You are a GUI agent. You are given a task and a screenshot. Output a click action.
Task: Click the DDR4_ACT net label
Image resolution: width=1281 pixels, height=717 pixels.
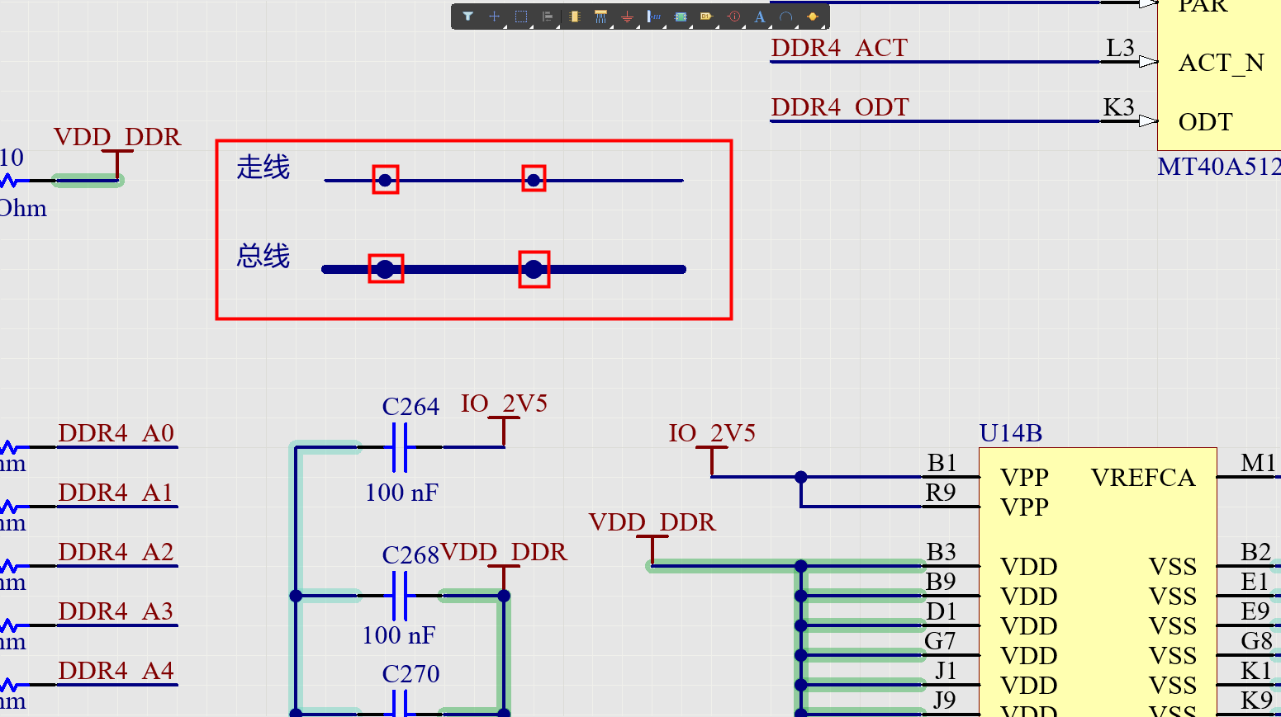[839, 49]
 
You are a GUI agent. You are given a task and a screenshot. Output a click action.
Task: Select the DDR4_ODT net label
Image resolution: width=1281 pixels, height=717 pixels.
[840, 108]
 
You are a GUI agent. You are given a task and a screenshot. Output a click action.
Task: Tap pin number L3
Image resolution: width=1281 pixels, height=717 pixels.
[1120, 49]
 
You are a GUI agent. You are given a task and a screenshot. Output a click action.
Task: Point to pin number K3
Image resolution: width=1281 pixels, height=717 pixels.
[1118, 108]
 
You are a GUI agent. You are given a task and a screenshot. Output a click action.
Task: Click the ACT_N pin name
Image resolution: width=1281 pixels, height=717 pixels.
[1221, 64]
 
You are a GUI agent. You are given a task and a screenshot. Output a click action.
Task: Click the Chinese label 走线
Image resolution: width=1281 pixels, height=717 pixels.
[263, 167]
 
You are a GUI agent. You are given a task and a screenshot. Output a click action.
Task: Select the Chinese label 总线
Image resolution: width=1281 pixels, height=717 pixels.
[263, 257]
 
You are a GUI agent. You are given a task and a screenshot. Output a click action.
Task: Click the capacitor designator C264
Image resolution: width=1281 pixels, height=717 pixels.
[410, 407]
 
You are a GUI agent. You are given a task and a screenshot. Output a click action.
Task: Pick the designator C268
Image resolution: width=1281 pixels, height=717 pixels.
[410, 555]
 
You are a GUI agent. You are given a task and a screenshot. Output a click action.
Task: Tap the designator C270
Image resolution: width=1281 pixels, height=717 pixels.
[410, 674]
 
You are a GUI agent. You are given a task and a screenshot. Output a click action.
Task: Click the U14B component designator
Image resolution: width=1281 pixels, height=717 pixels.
[1010, 433]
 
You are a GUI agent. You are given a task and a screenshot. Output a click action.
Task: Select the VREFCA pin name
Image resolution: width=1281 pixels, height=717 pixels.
[1142, 478]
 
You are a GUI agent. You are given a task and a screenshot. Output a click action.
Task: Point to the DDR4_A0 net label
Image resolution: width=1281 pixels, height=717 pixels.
[116, 433]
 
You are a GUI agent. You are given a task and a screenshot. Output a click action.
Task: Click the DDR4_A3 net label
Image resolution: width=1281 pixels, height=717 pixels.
[116, 611]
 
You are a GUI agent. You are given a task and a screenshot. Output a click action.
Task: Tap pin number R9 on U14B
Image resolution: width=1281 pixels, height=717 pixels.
[941, 493]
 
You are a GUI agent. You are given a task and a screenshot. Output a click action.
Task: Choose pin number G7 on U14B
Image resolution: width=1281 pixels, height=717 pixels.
[940, 641]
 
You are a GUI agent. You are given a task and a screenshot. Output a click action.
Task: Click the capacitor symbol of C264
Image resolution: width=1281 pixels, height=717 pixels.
[400, 447]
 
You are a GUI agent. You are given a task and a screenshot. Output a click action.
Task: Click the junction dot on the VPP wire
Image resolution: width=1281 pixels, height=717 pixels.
[800, 477]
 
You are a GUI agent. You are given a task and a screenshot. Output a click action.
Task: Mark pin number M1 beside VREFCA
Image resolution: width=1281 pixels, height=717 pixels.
[1258, 463]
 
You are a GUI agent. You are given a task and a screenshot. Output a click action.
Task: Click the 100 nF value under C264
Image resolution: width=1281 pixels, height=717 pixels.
[401, 493]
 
